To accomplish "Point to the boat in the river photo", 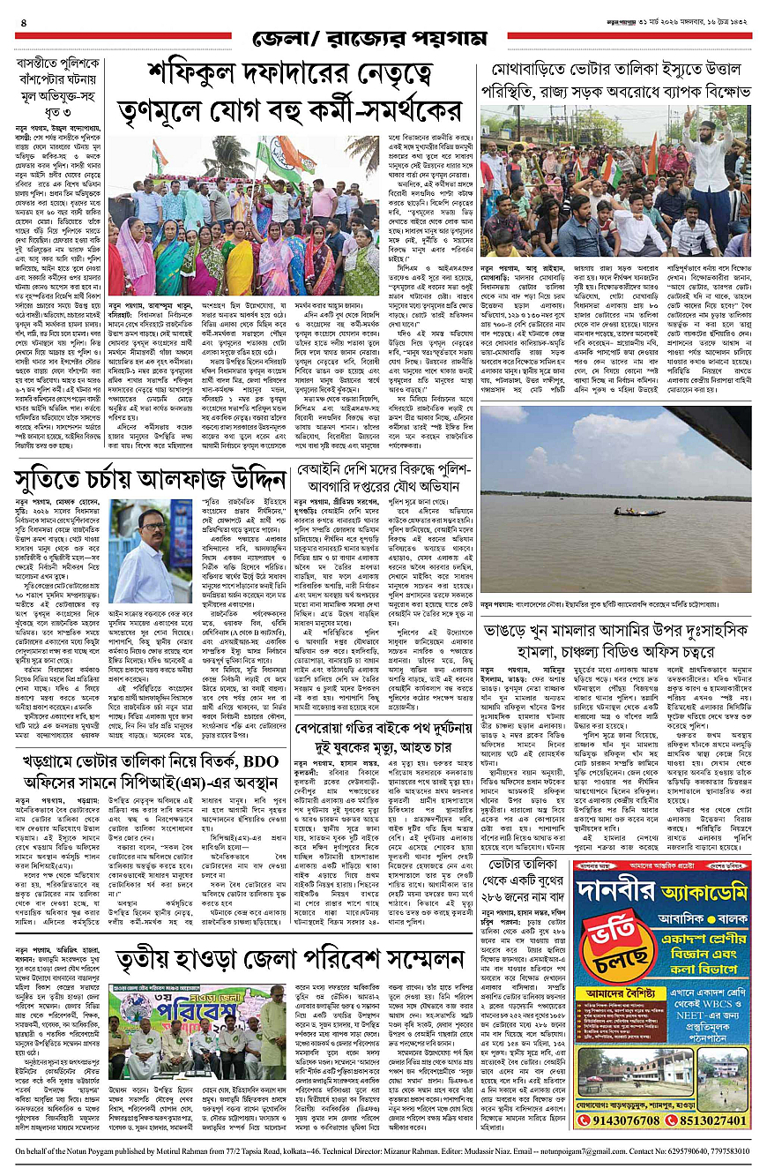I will pyautogui.click(x=628, y=511).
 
